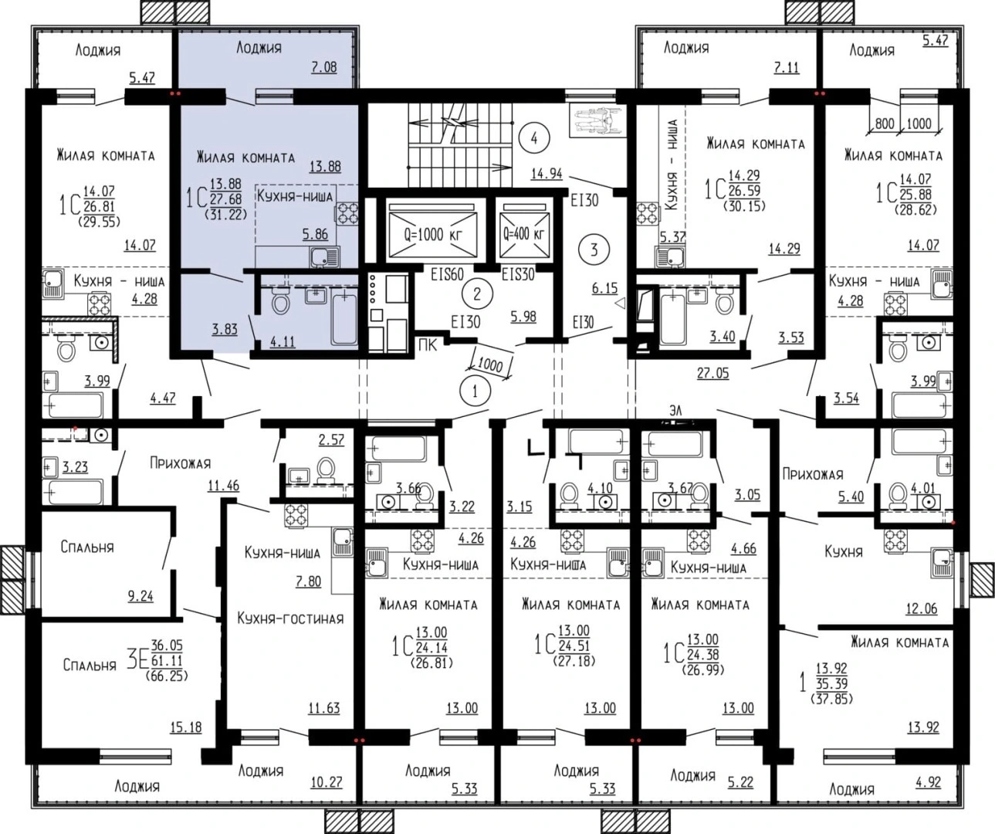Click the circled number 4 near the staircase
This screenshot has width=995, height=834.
pos(534,138)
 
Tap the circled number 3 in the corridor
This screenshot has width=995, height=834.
pos(594,249)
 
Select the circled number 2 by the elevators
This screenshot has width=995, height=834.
pos(477,293)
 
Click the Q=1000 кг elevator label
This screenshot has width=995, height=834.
pos(433,235)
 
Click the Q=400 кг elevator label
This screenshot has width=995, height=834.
pos(523,234)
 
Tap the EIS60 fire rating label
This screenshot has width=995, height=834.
pos(447,275)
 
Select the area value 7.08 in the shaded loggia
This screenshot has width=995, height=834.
pos(324,66)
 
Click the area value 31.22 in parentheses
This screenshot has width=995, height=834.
pos(226,215)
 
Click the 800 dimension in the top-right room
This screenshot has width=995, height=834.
pos(885,124)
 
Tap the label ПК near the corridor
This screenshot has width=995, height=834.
pos(428,345)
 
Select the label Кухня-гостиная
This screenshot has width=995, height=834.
pos(290,619)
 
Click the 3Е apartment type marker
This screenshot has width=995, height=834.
pos(136,662)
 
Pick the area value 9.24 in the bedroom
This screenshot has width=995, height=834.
pos(140,596)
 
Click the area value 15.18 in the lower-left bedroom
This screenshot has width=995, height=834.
pos(186,727)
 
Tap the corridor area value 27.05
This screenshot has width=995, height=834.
pos(713,373)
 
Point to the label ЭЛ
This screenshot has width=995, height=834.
pos(675,411)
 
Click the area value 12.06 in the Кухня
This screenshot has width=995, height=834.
pos(921,609)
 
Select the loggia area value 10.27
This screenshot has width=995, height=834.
pos(327,782)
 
